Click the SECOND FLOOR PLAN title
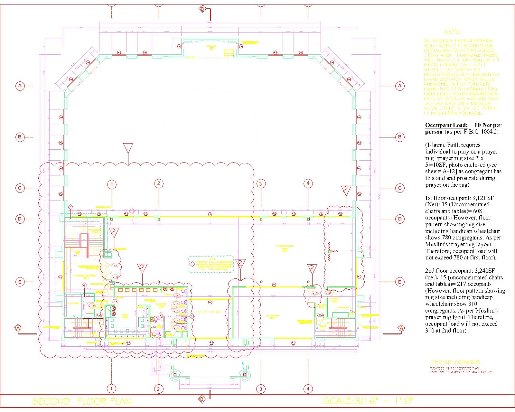pos(81,401)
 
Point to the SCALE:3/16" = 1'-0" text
pos(368,401)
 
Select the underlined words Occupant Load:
pos(446,125)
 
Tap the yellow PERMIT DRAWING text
pos(455,362)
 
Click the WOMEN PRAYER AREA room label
pos(285,248)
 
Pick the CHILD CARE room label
pos(272,316)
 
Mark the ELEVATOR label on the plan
pos(73,303)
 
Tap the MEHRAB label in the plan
pos(211,47)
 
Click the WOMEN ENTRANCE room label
pos(85,276)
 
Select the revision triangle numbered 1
pos(128,148)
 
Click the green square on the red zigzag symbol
pos(329,251)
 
